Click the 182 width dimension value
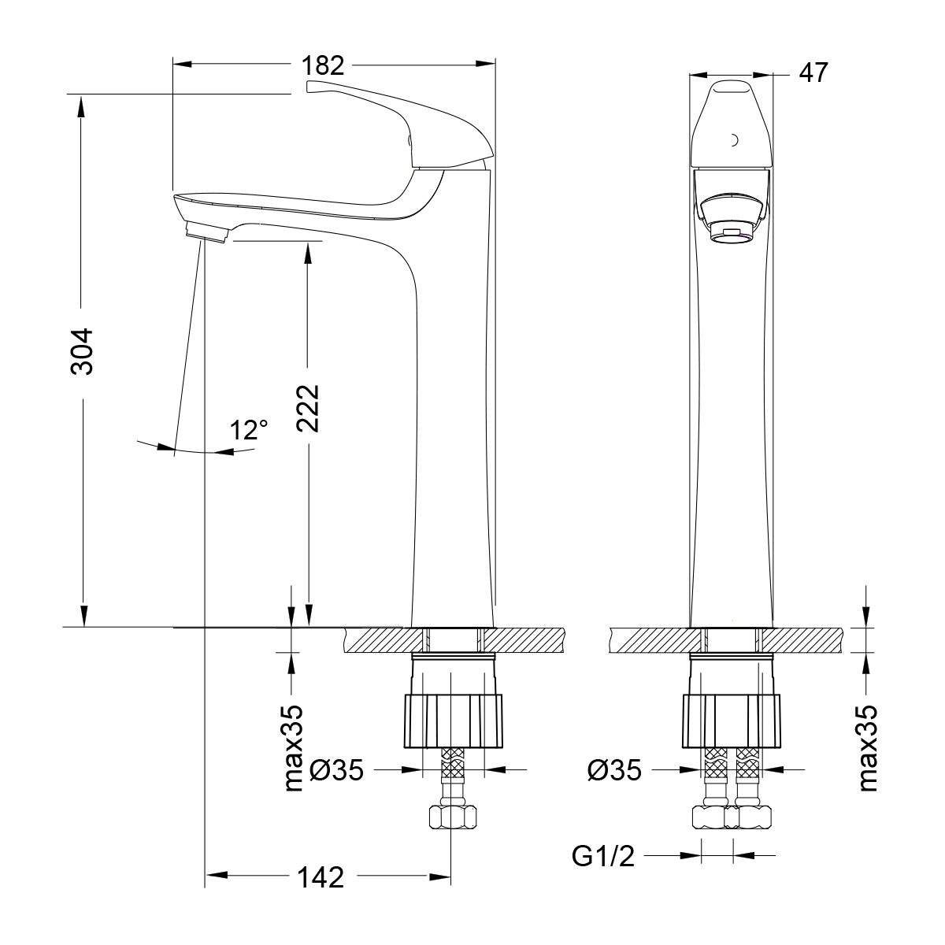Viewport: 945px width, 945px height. tap(323, 65)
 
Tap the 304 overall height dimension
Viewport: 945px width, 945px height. tap(81, 351)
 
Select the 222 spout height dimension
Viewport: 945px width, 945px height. tap(308, 408)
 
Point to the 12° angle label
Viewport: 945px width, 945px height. tap(249, 430)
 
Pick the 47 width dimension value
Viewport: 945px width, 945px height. tap(813, 72)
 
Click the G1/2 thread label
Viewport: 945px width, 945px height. tap(603, 856)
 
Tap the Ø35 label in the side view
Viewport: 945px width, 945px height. tap(336, 769)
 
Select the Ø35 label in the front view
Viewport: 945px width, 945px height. tap(614, 770)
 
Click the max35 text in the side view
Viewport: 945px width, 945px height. tap(295, 748)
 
